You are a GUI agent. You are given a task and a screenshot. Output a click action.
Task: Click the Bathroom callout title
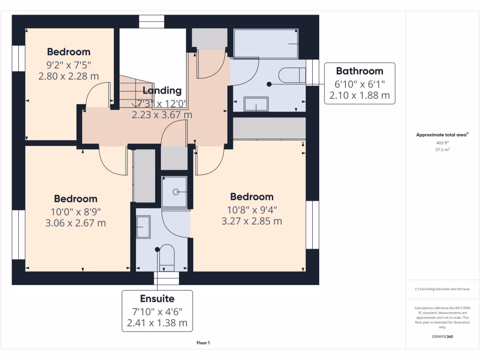pyautogui.click(x=360, y=71)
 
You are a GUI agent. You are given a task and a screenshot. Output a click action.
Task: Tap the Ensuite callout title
pyautogui.click(x=157, y=299)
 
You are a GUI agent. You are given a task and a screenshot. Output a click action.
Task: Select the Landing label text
pyautogui.click(x=162, y=90)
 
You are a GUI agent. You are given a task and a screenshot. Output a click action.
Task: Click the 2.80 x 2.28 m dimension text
pyautogui.click(x=68, y=75)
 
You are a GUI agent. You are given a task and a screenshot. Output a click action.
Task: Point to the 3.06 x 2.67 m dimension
pyautogui.click(x=75, y=223)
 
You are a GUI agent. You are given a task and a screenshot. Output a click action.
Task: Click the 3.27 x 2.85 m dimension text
pyautogui.click(x=252, y=221)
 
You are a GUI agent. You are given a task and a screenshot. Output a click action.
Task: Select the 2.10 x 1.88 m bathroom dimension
pyautogui.click(x=360, y=96)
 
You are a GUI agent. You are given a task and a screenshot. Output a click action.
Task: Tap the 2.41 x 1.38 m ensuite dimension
pyautogui.click(x=157, y=323)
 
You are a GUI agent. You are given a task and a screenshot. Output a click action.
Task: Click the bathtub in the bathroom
pyautogui.click(x=266, y=44)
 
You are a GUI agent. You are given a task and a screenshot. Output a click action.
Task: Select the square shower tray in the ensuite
pyautogui.click(x=174, y=192)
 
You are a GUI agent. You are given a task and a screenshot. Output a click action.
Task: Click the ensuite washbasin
pyautogui.click(x=143, y=227)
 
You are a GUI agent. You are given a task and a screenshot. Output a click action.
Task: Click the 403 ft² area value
pyautogui.click(x=442, y=143)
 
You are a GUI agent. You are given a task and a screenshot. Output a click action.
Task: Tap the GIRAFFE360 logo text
pyautogui.click(x=442, y=337)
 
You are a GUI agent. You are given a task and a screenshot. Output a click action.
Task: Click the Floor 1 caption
pyautogui.click(x=203, y=343)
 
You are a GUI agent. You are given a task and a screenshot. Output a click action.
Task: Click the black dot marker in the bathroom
pyautogui.click(x=269, y=84)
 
